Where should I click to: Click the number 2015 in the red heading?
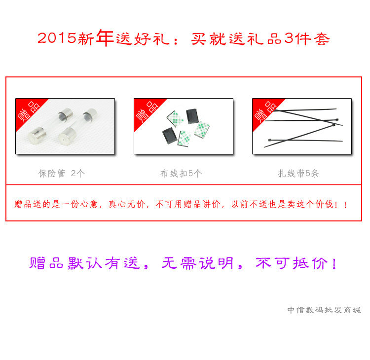click(x=57, y=38)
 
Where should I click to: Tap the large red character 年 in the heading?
click(x=105, y=37)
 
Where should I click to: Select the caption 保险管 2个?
click(x=61, y=174)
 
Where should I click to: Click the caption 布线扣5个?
click(x=181, y=174)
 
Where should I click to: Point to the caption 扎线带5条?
click(x=298, y=174)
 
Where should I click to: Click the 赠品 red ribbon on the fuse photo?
click(x=30, y=112)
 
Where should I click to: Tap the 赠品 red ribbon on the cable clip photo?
click(x=148, y=112)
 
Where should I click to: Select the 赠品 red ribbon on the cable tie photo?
click(x=266, y=112)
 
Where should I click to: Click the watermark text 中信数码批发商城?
click(x=324, y=310)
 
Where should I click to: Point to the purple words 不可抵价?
click(x=292, y=263)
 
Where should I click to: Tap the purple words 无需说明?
click(x=198, y=263)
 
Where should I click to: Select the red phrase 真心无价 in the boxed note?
click(x=127, y=204)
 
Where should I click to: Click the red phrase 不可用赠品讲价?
click(x=188, y=204)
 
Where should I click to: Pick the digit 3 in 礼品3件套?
click(x=289, y=38)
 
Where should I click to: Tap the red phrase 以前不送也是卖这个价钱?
click(x=282, y=204)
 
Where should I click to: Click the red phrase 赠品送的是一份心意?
click(x=56, y=204)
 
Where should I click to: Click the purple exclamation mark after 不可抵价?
click(x=334, y=263)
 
